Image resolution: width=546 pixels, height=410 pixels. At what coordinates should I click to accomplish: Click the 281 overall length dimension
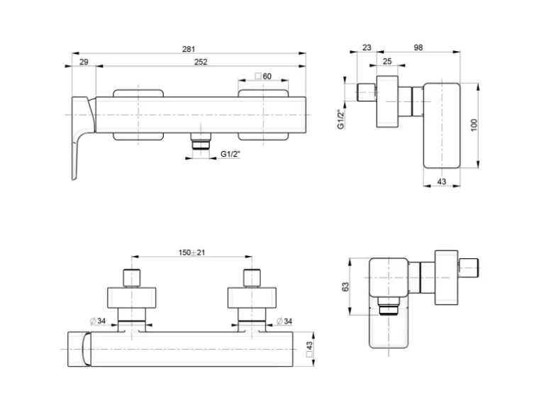coord(189,49)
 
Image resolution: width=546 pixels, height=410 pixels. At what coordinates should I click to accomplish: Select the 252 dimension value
coord(201,62)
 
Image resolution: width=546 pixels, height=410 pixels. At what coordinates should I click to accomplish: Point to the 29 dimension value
coord(84,62)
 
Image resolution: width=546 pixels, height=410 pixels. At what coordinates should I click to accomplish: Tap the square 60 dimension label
coord(263,76)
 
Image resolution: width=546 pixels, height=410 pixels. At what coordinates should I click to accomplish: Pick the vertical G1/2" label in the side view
coord(341,120)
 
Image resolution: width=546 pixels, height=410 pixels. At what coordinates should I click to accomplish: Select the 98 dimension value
coord(418,48)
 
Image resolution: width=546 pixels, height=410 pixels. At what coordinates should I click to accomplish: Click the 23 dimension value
coord(367,48)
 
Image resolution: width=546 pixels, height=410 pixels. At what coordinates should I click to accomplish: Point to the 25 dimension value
coord(387,62)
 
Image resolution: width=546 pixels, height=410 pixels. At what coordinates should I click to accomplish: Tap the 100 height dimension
coord(474,125)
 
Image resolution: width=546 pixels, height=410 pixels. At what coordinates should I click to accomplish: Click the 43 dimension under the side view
coord(441,182)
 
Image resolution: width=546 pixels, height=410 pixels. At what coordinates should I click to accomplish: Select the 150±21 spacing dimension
coord(191,253)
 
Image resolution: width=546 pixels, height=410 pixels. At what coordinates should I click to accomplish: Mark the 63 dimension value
coord(346,286)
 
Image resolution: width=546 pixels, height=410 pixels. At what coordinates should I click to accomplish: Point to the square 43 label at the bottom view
coord(309,348)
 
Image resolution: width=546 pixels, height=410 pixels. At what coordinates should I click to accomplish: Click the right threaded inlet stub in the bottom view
coord(251,277)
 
